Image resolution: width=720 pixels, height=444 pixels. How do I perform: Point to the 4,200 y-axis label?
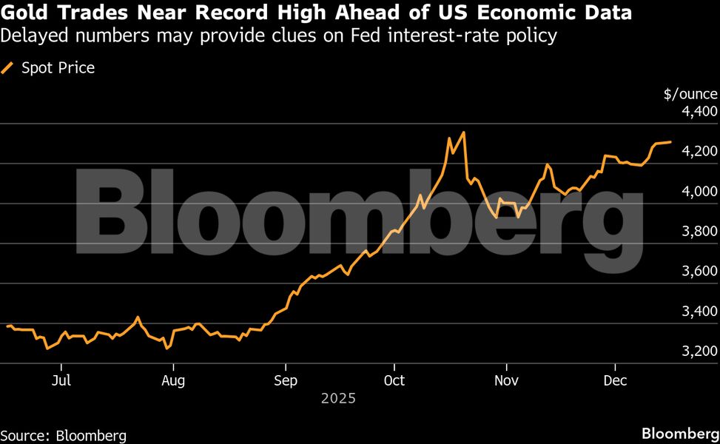pos(699,152)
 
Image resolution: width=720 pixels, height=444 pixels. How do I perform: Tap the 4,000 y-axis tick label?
pos(699,192)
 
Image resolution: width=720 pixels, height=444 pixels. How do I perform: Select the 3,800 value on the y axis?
pos(699,232)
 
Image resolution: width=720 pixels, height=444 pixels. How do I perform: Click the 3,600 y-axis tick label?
pos(699,272)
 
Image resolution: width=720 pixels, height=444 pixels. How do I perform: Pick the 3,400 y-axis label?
pos(699,312)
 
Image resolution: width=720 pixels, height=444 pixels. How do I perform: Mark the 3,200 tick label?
pos(699,351)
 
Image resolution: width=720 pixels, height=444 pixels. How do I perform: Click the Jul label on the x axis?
pos(61,380)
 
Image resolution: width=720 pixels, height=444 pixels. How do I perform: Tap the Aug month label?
pos(173,380)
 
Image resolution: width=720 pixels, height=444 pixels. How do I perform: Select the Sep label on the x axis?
pos(285,380)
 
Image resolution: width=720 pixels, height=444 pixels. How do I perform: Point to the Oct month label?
pos(394,380)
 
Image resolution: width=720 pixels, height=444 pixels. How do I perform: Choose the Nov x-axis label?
pos(506,380)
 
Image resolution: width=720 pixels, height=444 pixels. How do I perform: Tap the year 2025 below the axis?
pos(339,398)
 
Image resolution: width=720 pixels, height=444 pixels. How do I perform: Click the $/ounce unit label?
pos(690,94)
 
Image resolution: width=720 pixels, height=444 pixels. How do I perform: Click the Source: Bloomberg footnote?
pos(64,435)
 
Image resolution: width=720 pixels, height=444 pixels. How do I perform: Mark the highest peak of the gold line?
pos(463,132)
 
